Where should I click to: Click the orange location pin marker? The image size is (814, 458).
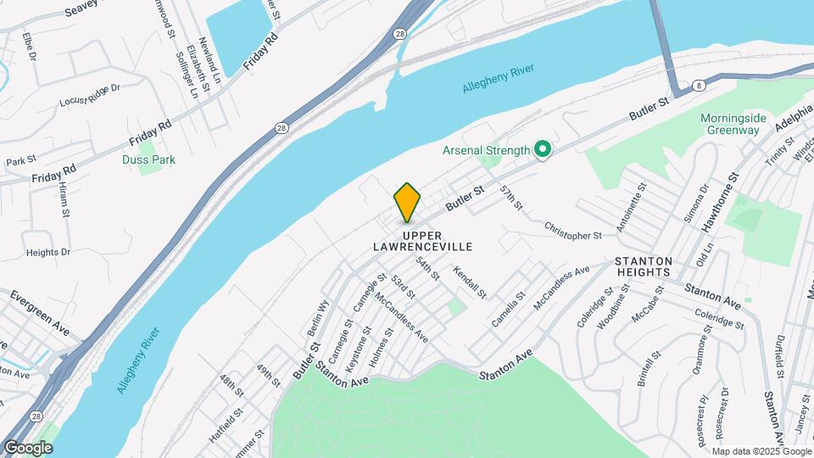[x=407, y=202]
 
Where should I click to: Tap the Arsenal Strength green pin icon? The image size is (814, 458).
[x=543, y=150]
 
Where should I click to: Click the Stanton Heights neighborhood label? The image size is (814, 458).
[x=644, y=266]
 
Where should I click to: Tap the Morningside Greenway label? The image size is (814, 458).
[x=735, y=124]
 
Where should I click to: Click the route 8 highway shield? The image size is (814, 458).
[x=698, y=85]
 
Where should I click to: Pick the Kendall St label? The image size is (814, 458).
[x=470, y=283]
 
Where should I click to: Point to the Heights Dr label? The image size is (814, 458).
[x=47, y=252]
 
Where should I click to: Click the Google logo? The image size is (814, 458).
[x=28, y=448]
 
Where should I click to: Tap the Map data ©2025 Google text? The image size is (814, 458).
[x=761, y=450]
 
